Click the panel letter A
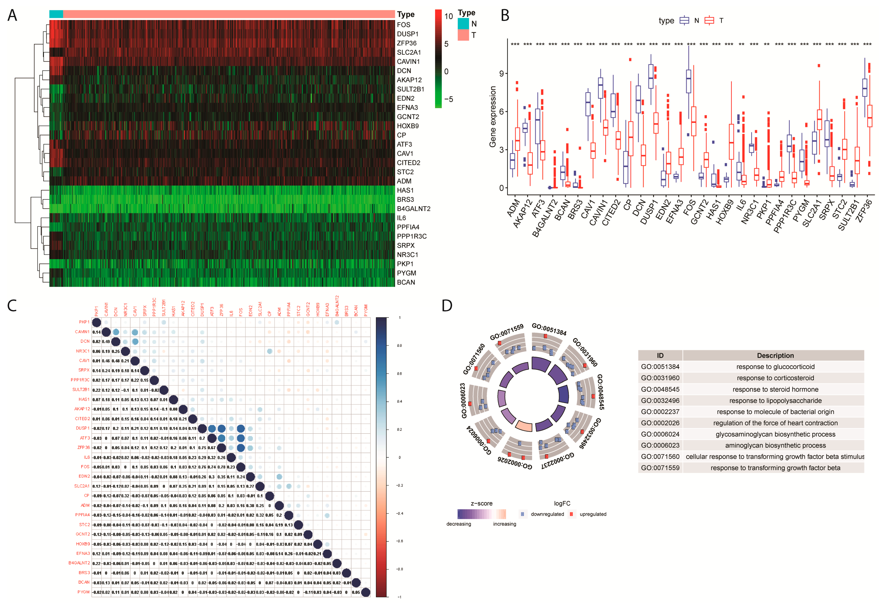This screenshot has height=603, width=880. (x=12, y=16)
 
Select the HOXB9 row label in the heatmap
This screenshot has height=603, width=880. (x=407, y=126)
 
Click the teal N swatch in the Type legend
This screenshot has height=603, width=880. (x=463, y=24)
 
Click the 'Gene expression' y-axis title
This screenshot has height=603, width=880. (x=492, y=117)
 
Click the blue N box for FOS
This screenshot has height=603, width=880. (x=688, y=81)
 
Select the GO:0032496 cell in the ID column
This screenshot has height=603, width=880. (x=660, y=401)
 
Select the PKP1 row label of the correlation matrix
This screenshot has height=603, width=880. (x=84, y=322)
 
